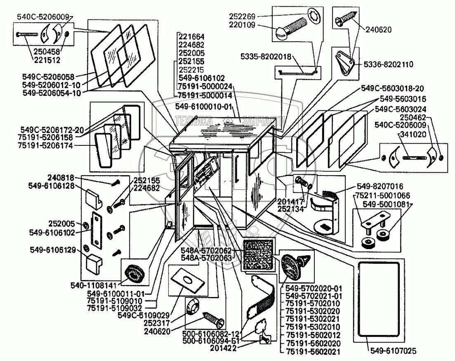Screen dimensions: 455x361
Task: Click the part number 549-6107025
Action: coord(393,351)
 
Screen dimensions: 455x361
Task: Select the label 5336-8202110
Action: coord(389,64)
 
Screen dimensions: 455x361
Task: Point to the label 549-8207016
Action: coord(380,186)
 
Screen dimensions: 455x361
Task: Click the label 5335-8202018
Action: coord(266,57)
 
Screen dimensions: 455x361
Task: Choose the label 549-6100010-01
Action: coord(204,107)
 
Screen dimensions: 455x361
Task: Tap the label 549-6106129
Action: coord(53,250)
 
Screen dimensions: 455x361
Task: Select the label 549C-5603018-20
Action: coord(392,88)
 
